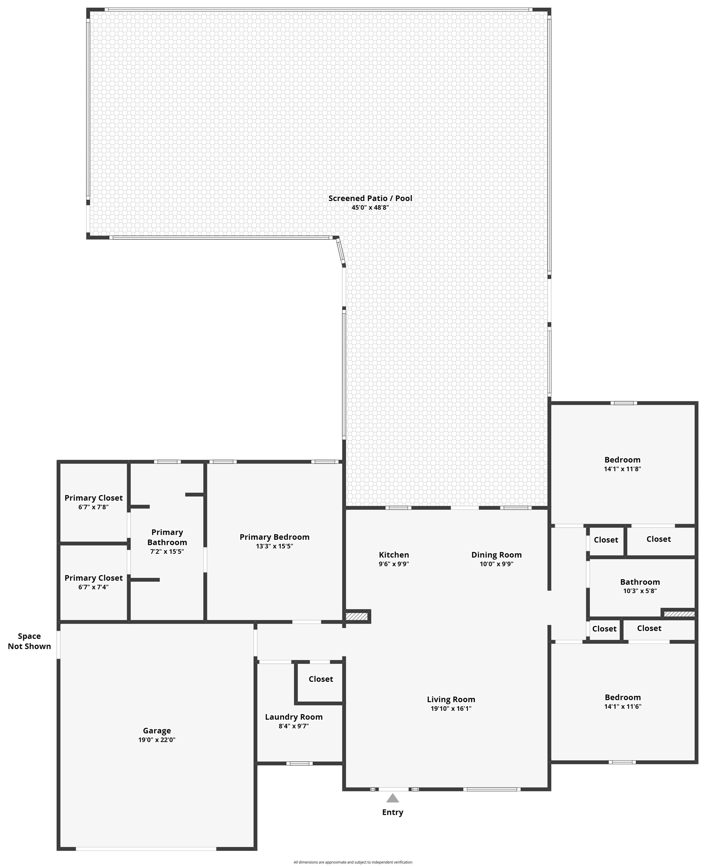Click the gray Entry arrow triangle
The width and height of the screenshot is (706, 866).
point(392,798)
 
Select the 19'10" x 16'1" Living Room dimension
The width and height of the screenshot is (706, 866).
point(451,709)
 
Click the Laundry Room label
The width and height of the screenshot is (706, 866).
point(294,717)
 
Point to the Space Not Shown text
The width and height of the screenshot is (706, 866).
point(29,641)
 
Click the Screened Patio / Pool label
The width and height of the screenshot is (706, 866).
point(370,198)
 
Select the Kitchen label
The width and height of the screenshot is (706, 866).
point(394,555)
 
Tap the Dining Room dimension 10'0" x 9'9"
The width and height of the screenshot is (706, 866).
point(496,564)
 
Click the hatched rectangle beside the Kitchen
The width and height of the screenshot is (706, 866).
point(357,616)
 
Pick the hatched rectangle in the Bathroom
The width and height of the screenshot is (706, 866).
point(679,614)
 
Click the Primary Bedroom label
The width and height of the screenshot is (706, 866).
point(274,537)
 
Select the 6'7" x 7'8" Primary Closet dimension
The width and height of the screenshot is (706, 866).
point(94,507)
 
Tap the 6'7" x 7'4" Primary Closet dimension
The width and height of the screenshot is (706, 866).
point(94,587)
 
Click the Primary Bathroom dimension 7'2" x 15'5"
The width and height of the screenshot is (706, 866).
point(167,552)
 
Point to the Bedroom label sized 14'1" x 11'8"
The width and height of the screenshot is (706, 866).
point(622,460)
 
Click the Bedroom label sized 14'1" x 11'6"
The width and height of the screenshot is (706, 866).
point(623,698)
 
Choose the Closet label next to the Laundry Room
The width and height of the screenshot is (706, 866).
point(320,679)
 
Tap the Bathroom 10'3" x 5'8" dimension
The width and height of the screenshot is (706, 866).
point(640,591)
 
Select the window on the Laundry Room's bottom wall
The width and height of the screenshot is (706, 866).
point(299,763)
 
